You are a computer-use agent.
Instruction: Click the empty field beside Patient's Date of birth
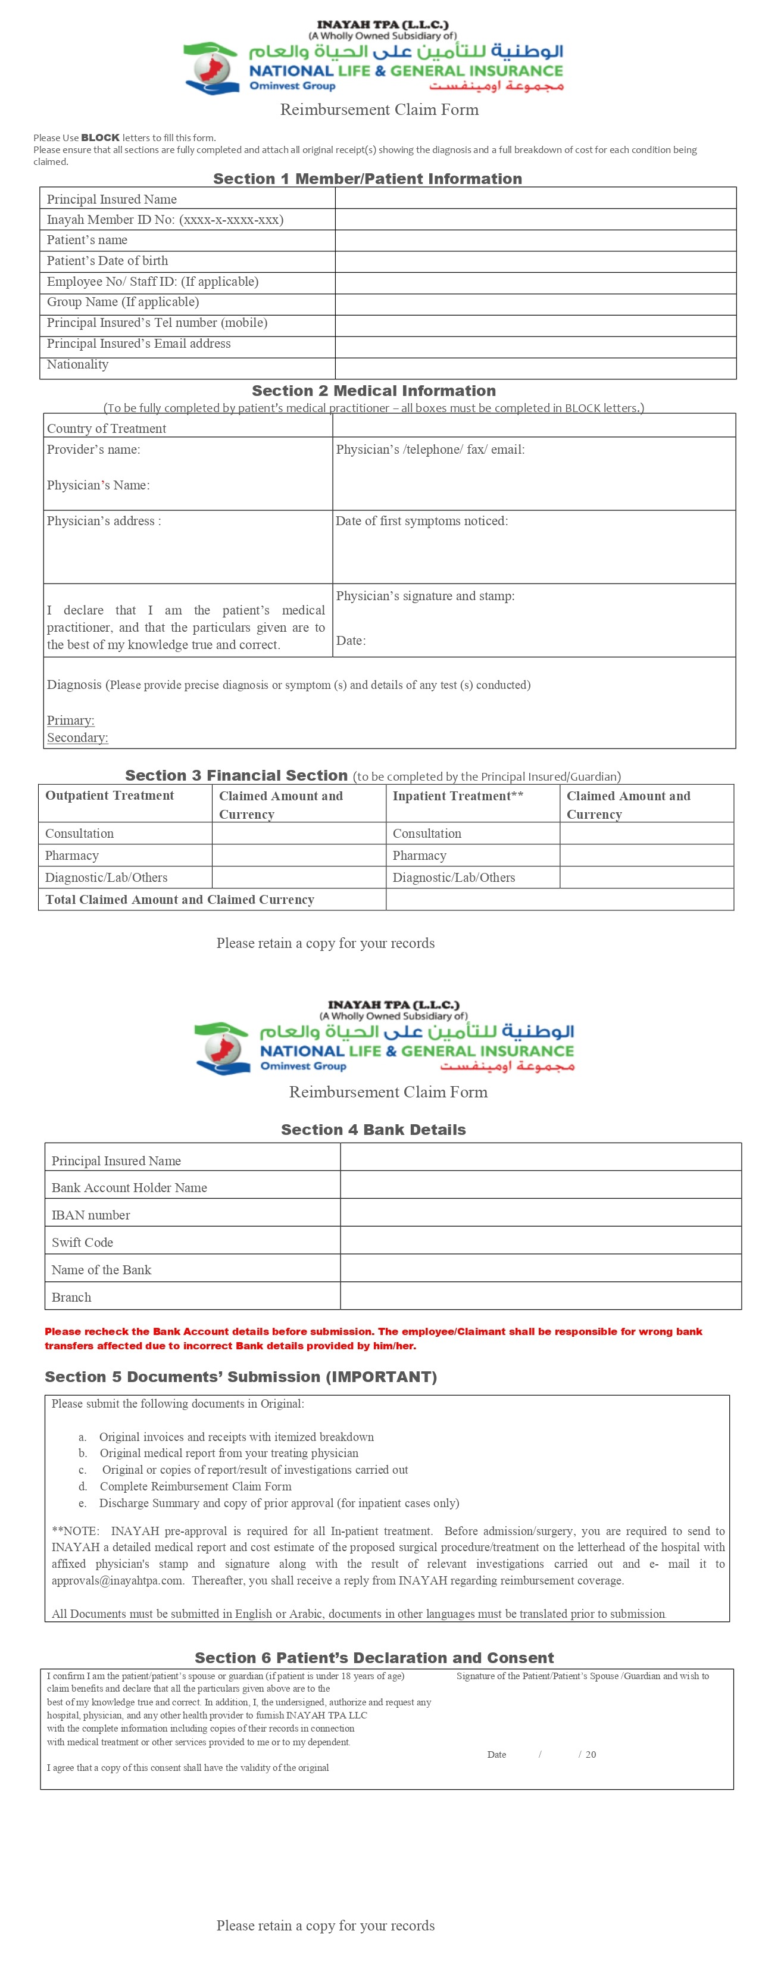point(536,261)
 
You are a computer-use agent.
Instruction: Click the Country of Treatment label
point(106,429)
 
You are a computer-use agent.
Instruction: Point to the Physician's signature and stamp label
point(425,596)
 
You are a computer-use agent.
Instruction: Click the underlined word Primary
point(70,720)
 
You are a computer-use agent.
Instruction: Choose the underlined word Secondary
point(77,738)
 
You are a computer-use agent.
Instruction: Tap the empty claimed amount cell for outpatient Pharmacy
point(298,855)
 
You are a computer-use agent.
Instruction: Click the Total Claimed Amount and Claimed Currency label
point(179,899)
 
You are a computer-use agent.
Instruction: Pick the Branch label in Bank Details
point(71,1297)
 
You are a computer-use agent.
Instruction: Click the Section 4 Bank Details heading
point(373,1130)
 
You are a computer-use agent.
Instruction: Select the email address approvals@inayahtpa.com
point(117,1580)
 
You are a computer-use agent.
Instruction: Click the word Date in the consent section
point(496,1754)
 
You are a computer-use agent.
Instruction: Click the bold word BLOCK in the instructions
point(100,138)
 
